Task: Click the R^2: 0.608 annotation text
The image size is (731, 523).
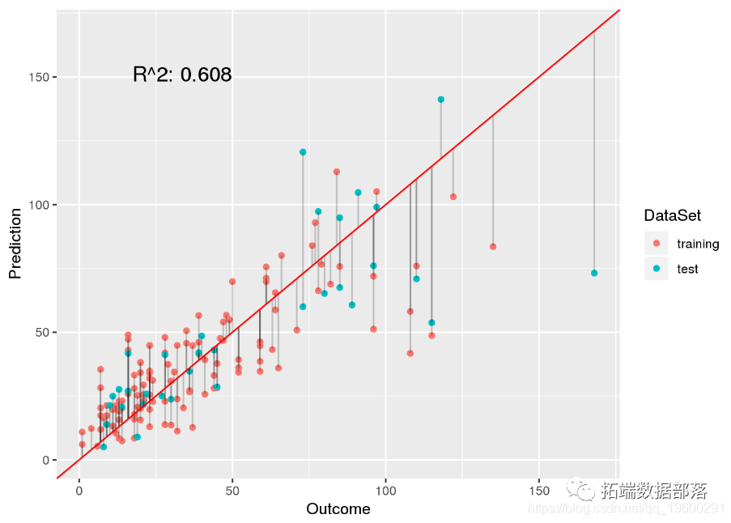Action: coord(182,75)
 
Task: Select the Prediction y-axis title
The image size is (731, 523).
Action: coord(15,243)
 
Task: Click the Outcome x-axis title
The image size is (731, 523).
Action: coord(338,509)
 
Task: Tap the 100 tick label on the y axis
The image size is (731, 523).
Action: coord(38,205)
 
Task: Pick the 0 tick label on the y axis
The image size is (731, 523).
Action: coord(45,460)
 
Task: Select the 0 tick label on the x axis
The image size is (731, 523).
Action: coord(79,491)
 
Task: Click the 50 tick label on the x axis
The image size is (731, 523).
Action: coord(232,491)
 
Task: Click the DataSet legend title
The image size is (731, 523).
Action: coord(672,216)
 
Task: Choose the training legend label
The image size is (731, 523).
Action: coord(698,244)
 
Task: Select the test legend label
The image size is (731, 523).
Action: coord(687,269)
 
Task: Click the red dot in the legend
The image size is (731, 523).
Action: coord(657,244)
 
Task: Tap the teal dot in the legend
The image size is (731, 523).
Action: coord(657,269)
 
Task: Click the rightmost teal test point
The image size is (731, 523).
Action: coord(594,273)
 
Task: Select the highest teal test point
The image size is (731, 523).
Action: coord(441,100)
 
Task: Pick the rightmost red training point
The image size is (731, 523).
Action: coord(493,246)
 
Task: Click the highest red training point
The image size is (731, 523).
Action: coord(337,172)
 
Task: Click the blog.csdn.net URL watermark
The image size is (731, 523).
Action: coord(626,508)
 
